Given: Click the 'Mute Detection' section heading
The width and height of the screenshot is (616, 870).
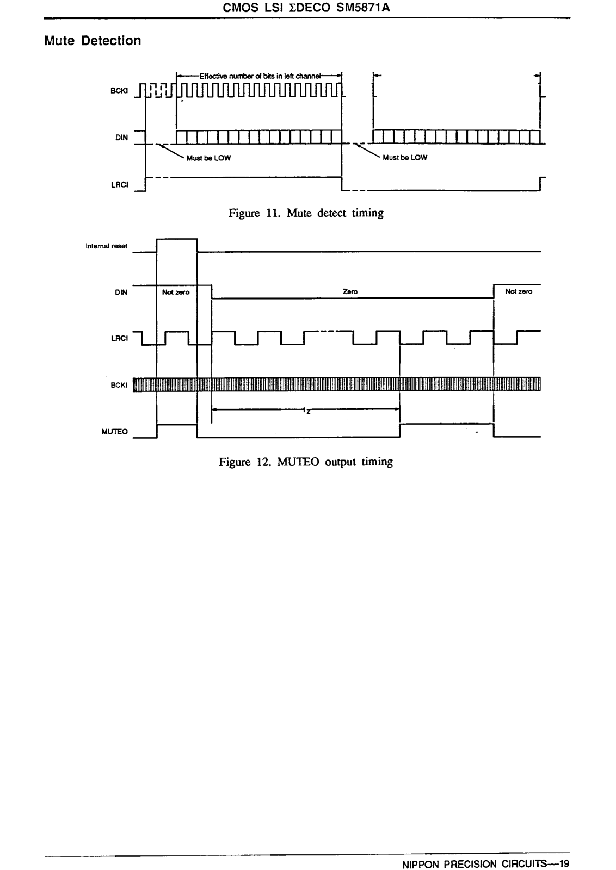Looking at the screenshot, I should (93, 41).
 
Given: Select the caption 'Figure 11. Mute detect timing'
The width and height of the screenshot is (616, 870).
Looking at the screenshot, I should (306, 213).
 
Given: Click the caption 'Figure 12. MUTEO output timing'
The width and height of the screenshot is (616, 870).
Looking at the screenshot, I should (306, 462).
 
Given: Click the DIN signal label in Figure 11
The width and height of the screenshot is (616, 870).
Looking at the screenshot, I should (121, 138).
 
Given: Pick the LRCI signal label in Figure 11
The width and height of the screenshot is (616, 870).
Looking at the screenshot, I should (119, 184).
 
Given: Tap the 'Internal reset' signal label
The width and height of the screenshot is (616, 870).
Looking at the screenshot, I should (107, 246).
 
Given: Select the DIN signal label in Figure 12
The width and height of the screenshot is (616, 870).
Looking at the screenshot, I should (121, 293).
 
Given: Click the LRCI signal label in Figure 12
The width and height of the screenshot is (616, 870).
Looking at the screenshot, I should (119, 338).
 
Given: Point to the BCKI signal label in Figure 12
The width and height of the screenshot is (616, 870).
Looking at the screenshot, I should (119, 385).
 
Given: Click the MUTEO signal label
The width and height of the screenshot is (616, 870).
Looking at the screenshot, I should (115, 432).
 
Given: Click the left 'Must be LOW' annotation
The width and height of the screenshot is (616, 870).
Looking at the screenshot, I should (208, 158).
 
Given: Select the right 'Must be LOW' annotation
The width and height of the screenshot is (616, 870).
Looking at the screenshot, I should (405, 158).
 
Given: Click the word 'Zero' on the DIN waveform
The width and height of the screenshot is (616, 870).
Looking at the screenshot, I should (350, 292).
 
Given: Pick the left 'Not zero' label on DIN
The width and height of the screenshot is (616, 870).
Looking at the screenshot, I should (176, 293).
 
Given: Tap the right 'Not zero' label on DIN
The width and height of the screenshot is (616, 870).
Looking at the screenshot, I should (519, 292).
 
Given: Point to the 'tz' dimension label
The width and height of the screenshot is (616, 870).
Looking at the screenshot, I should (306, 411).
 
